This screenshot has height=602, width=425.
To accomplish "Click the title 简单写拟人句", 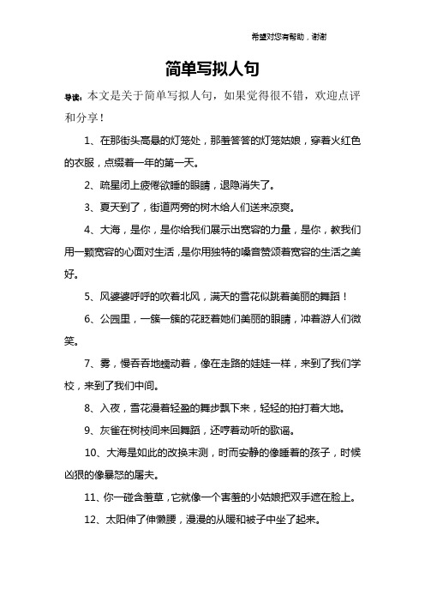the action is point(212,68).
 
